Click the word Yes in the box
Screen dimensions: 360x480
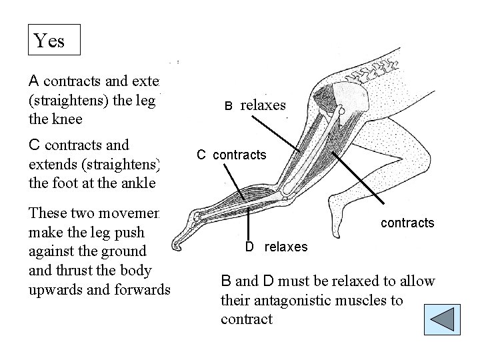click(x=49, y=41)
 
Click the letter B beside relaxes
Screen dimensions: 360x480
click(x=227, y=106)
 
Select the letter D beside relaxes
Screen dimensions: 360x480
click(x=249, y=247)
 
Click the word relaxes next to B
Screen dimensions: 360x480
click(x=263, y=105)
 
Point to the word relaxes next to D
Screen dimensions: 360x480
click(x=286, y=247)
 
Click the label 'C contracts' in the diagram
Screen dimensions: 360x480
click(x=231, y=155)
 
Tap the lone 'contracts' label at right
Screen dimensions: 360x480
click(x=407, y=223)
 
